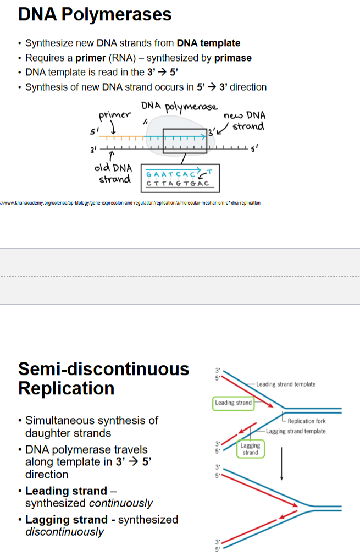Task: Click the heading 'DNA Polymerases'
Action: click(95, 14)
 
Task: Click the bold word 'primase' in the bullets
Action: click(233, 58)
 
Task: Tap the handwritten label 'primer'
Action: click(114, 115)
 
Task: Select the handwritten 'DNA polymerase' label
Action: click(179, 107)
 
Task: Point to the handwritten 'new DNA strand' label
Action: click(245, 121)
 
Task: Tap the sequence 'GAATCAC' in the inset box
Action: click(165, 174)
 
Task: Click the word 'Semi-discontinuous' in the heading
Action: click(103, 368)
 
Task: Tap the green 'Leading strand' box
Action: click(234, 403)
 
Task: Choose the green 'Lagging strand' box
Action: click(250, 449)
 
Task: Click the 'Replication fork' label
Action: click(306, 421)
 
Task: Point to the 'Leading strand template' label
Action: click(286, 384)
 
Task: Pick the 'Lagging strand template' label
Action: click(296, 431)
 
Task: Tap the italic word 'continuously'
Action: click(121, 503)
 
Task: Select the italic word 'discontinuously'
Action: click(64, 532)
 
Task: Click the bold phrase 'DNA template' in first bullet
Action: click(208, 43)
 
